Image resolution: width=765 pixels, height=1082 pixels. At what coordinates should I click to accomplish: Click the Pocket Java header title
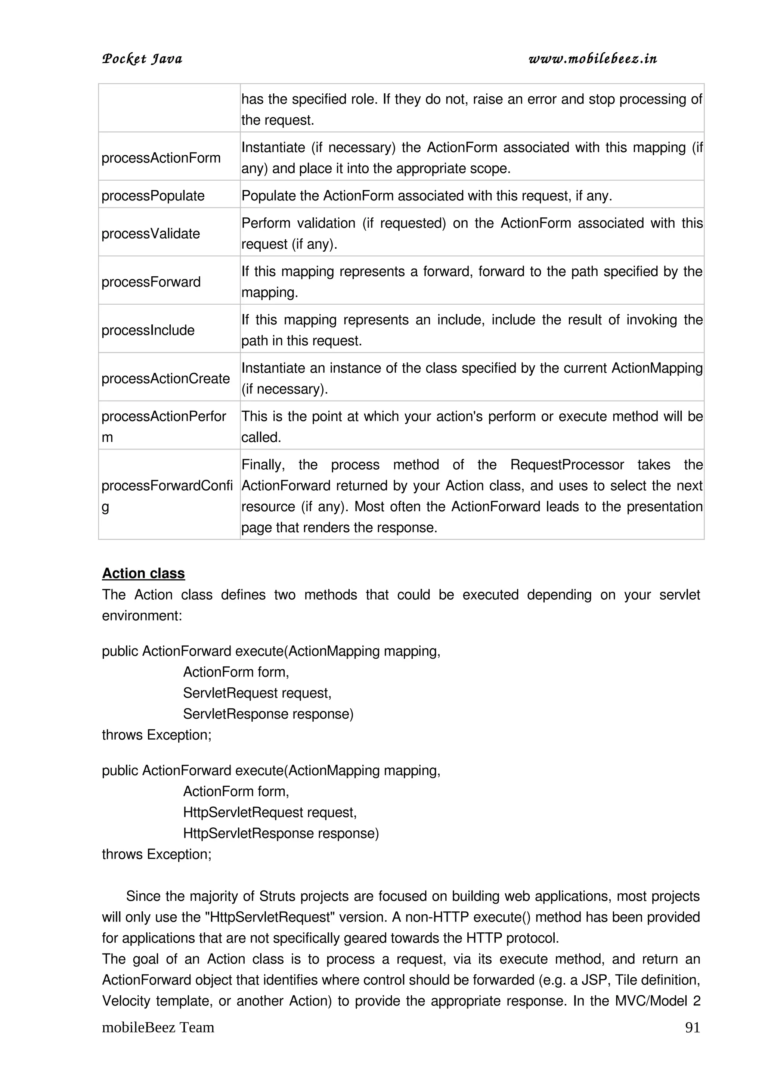[x=142, y=59]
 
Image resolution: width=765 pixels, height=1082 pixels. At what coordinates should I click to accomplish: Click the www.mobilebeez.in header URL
[x=592, y=59]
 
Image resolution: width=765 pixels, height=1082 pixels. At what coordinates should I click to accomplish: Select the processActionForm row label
[x=161, y=158]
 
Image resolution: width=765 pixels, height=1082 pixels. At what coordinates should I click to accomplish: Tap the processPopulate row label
[x=153, y=196]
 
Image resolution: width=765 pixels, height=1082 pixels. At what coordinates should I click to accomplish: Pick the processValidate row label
[x=151, y=233]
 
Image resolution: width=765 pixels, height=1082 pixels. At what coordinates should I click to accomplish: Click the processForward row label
[x=151, y=282]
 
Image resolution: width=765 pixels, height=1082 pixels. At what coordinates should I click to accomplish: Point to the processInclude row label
[x=148, y=330]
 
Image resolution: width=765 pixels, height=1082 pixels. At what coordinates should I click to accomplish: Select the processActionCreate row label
[x=165, y=379]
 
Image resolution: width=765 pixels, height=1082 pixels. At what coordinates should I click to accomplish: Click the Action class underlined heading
[x=143, y=573]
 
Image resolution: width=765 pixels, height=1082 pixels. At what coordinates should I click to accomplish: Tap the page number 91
[x=692, y=1027]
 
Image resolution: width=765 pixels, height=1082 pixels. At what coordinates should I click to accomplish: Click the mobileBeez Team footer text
[x=158, y=1027]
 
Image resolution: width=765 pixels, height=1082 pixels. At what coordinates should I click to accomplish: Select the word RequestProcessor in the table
[x=567, y=465]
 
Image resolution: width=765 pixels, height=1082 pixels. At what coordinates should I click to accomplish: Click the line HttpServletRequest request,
[x=270, y=812]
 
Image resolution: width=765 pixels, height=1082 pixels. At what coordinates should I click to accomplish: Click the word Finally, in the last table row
[x=263, y=465]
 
